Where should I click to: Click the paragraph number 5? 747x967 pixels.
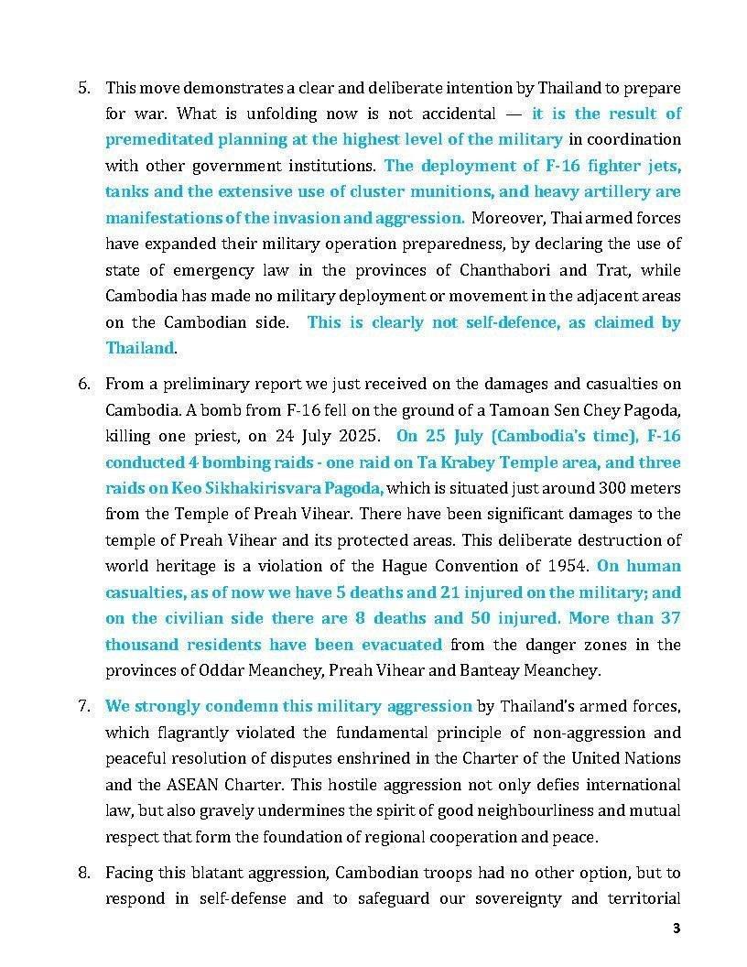[83, 88]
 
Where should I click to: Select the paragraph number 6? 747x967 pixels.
[83, 383]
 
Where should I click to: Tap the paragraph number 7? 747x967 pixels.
[83, 706]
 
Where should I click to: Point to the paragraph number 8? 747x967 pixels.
[83, 873]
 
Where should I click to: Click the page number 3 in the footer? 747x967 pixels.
[677, 929]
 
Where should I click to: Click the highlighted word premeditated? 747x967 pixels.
[151, 140]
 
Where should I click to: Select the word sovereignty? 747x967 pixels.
[517, 898]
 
